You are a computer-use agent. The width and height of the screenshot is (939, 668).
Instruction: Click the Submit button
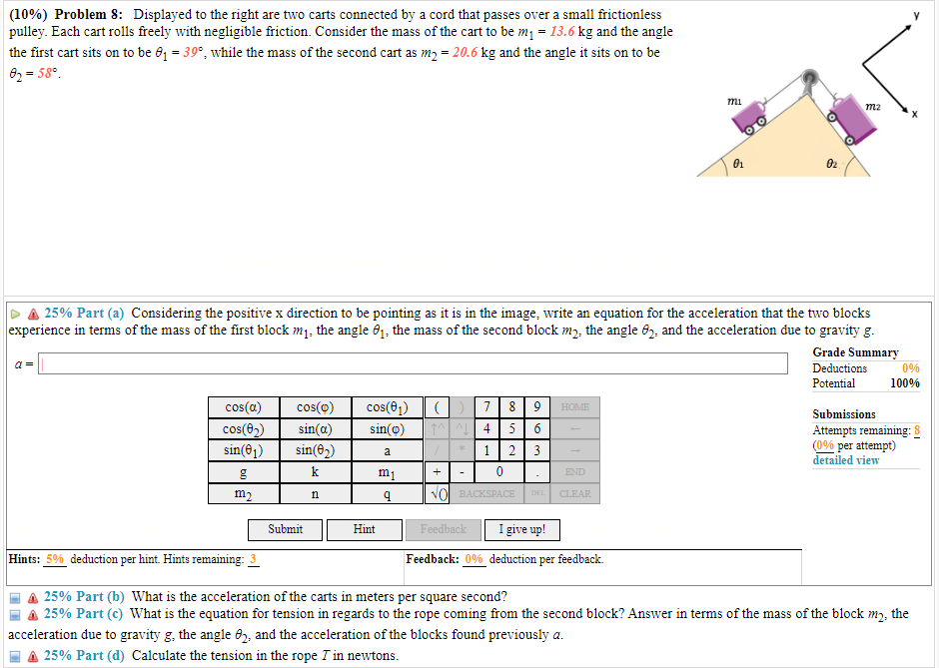pyautogui.click(x=286, y=529)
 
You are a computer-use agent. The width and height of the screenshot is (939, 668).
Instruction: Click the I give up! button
pyautogui.click(x=521, y=529)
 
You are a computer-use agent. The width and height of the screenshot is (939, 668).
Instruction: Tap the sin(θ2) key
pyautogui.click(x=315, y=450)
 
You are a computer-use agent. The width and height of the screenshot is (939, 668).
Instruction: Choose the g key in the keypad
pyautogui.click(x=244, y=472)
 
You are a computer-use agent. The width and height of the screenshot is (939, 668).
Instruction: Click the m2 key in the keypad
pyautogui.click(x=244, y=494)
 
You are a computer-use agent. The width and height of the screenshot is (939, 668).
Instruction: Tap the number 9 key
pyautogui.click(x=536, y=407)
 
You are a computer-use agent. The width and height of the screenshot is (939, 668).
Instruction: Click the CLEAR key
pyautogui.click(x=575, y=494)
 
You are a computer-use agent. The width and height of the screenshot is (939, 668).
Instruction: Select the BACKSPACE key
pyautogui.click(x=486, y=494)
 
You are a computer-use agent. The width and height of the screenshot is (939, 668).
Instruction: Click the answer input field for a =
pyautogui.click(x=412, y=364)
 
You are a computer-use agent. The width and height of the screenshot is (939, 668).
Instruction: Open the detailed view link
pyautogui.click(x=845, y=460)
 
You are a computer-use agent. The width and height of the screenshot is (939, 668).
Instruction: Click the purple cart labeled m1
pyautogui.click(x=750, y=116)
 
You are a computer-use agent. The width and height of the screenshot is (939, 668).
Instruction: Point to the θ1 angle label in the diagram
pyautogui.click(x=738, y=163)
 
